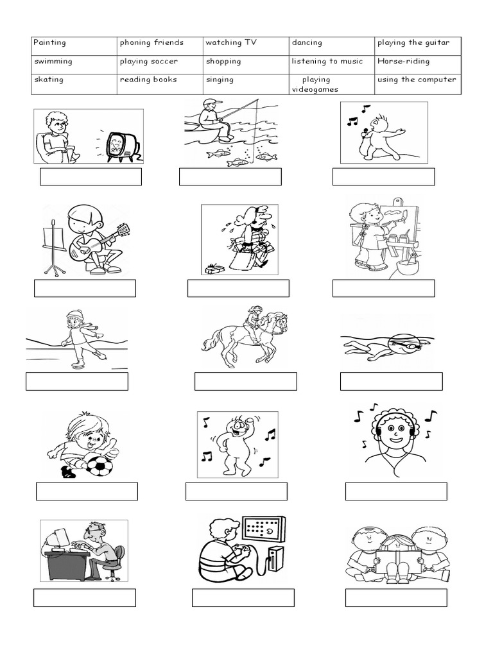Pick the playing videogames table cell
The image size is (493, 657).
(x=331, y=84)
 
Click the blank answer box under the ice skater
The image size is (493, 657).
(x=76, y=381)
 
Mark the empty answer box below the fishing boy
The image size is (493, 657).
(x=230, y=177)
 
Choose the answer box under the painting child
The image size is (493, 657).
(x=383, y=289)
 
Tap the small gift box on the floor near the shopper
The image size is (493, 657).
(x=214, y=268)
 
